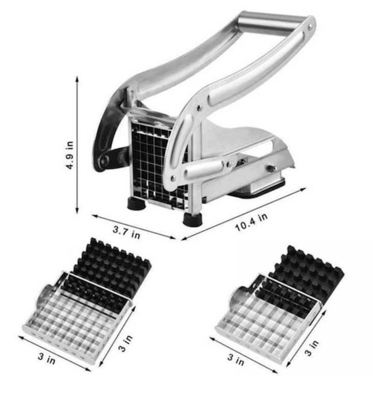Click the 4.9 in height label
(x=70, y=155)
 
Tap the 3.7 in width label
(x=126, y=232)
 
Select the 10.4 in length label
(x=251, y=223)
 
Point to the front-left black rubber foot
(x=137, y=204)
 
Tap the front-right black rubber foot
(x=193, y=220)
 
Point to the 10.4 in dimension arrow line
(x=244, y=214)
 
